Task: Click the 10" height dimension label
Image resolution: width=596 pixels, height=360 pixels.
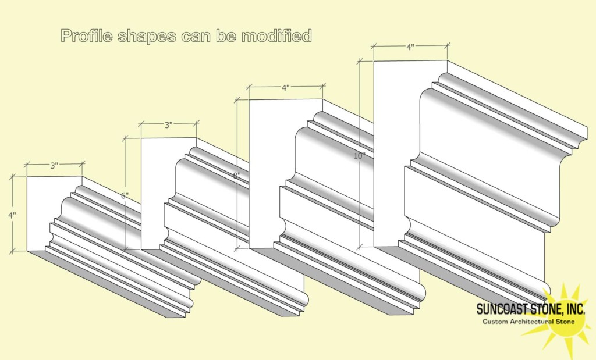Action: [359, 156]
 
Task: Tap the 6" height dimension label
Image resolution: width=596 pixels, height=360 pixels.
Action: [125, 195]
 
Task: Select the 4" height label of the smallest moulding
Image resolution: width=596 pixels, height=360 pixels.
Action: [12, 215]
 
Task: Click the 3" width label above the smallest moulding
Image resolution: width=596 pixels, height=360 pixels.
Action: [55, 165]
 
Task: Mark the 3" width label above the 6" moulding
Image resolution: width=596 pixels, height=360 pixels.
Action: [169, 124]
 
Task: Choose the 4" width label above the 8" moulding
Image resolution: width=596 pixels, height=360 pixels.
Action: [285, 88]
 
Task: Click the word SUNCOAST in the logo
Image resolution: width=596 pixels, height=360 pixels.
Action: [504, 308]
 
